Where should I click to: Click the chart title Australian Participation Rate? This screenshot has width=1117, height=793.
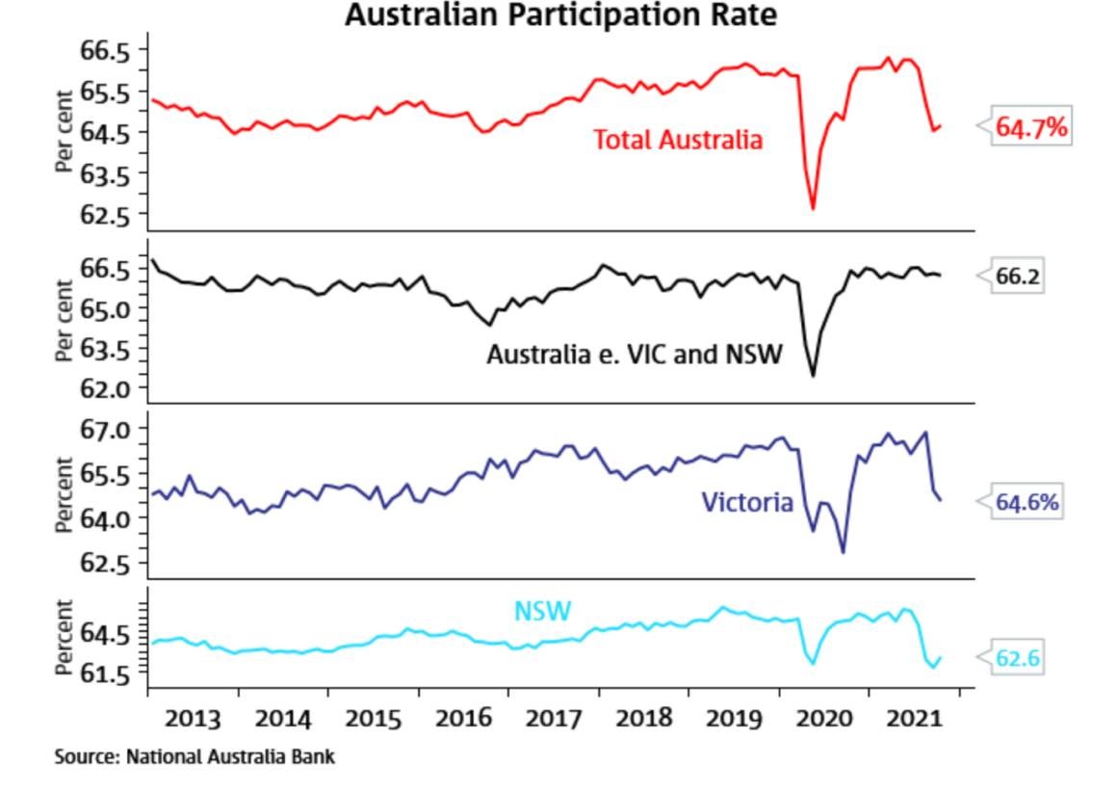click(560, 15)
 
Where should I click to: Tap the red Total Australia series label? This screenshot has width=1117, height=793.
click(678, 140)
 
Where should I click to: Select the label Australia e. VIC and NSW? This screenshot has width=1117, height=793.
click(634, 355)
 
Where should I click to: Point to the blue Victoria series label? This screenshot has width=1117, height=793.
click(747, 502)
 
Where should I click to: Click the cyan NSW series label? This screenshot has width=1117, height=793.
click(542, 611)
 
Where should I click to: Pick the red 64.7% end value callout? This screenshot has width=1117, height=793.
click(1031, 127)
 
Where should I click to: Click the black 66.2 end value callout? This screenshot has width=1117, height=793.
click(1017, 277)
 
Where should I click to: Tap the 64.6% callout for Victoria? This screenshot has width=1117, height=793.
click(1027, 502)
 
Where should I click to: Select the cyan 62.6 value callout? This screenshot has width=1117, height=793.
click(1018, 659)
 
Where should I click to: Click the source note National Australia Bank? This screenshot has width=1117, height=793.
click(195, 757)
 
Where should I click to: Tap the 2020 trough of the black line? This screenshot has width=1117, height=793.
click(813, 375)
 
